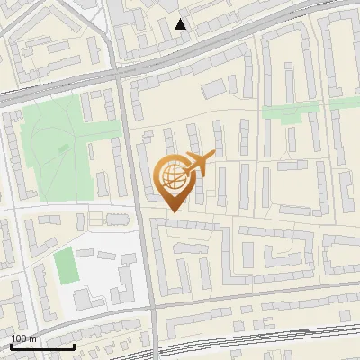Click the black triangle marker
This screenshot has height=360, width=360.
tap(181, 24)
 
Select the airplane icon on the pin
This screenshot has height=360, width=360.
tap(197, 164)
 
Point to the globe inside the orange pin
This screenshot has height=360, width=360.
tap(173, 176)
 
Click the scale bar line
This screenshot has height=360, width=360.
tap(42, 346)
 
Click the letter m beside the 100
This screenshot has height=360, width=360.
tap(33, 338)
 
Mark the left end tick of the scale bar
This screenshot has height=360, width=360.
tap(12, 345)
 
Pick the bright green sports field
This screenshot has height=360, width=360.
tap(65, 265)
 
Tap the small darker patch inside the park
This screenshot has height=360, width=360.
tap(61, 147)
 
